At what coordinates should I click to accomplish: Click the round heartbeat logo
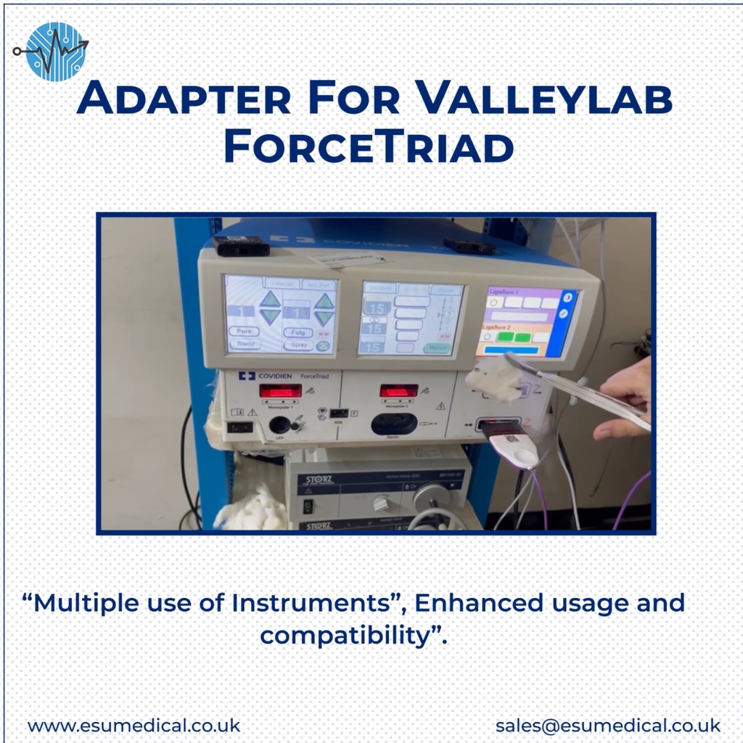(55, 52)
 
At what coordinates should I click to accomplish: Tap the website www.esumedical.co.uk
(134, 725)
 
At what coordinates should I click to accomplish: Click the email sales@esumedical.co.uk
(608, 725)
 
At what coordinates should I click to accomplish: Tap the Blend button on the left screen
(245, 344)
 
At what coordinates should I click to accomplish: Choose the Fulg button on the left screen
(297, 332)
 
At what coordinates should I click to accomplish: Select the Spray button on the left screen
(297, 345)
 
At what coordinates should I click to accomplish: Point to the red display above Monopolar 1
(280, 391)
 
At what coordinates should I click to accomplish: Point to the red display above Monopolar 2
(398, 390)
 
